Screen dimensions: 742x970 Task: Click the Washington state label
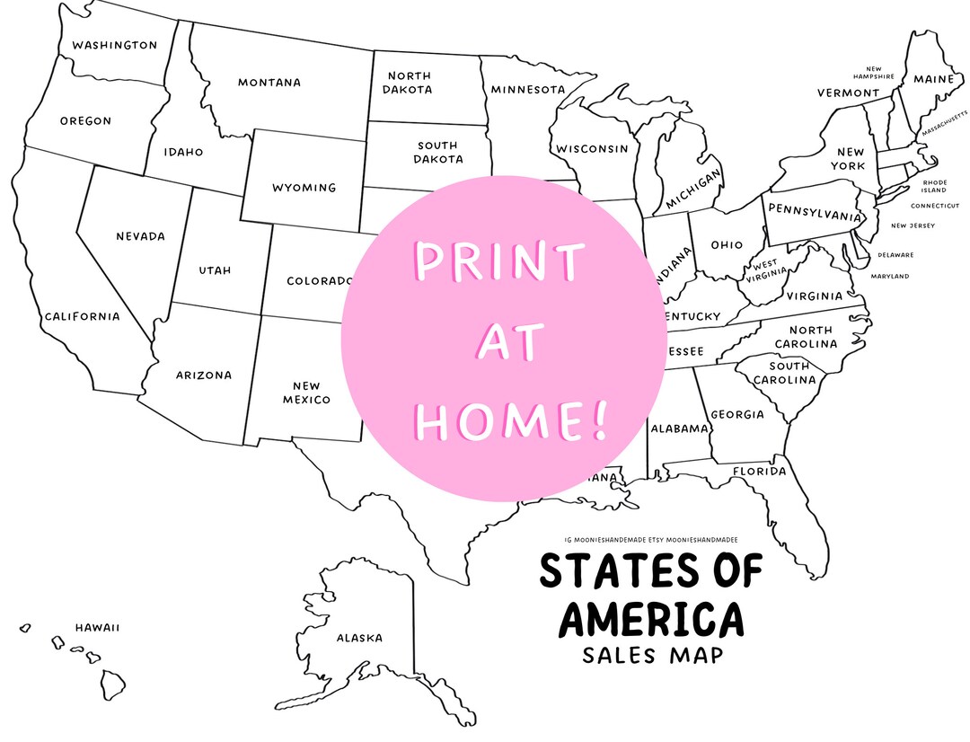[114, 45]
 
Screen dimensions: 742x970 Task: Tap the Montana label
[269, 83]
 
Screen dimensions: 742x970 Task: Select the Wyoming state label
[304, 188]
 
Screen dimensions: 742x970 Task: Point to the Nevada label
[140, 236]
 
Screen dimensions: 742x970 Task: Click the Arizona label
[203, 375]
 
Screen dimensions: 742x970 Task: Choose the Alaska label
[359, 638]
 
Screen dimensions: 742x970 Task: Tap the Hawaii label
[97, 628]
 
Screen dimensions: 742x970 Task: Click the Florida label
[759, 472]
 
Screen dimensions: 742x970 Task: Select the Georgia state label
[736, 415]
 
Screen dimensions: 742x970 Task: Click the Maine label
[934, 79]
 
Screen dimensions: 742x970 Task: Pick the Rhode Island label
[934, 186]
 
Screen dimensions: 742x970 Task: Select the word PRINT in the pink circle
[498, 263]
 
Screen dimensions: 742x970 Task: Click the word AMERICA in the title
[651, 619]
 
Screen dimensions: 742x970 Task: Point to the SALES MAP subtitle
[652, 655]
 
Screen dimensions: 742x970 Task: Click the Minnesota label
[527, 90]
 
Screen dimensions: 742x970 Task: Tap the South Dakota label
[437, 152]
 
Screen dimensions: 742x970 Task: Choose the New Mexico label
[306, 393]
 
